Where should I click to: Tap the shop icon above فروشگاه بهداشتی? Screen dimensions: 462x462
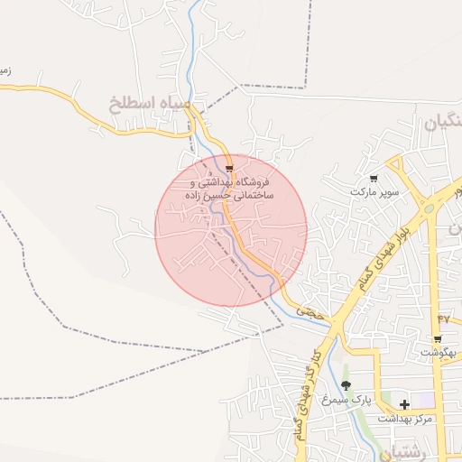pos(231,169)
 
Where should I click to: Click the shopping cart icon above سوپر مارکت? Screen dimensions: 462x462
pos(374,180)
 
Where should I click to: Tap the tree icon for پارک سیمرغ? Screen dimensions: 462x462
pos(346,385)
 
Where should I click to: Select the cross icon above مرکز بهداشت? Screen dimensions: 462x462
pos(404,403)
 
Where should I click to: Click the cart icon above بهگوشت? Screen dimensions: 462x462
pos(438,339)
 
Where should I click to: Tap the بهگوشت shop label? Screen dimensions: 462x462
pos(438,353)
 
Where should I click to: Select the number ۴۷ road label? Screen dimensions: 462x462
pos(442,318)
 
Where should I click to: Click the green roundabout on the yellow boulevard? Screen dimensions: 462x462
pos(428,208)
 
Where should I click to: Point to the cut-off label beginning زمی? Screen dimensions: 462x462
pos(5,69)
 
